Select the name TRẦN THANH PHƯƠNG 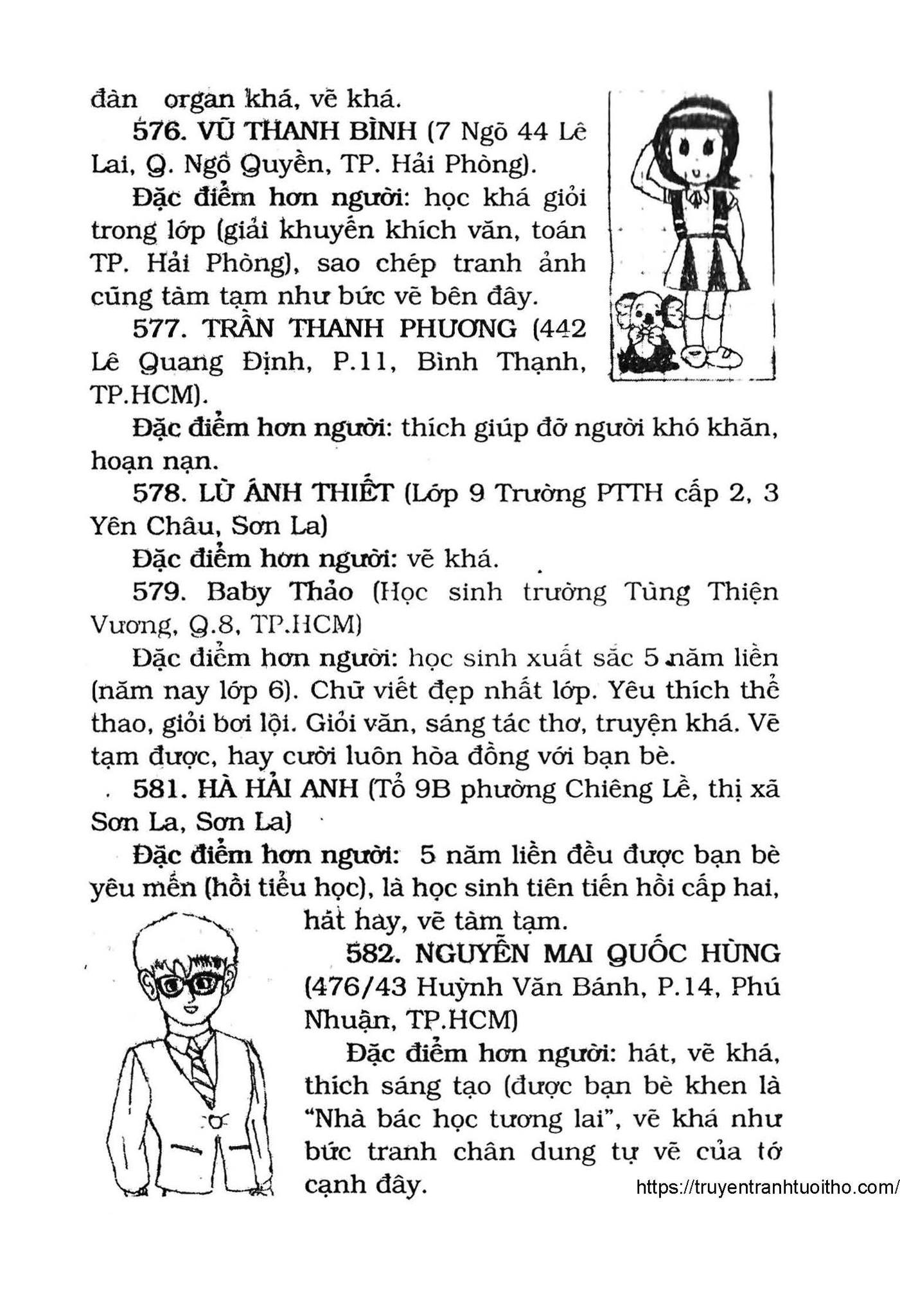(359, 329)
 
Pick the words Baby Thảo (279, 591)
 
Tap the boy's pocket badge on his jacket (217, 1122)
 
